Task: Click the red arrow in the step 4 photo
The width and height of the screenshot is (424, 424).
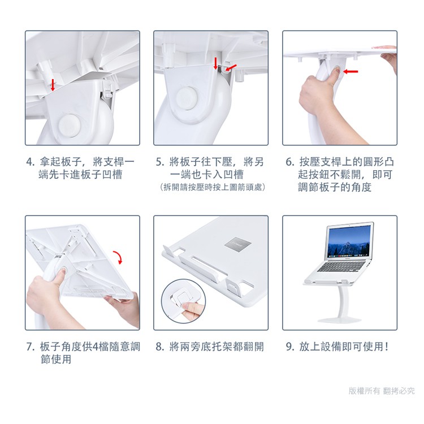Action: [x=53, y=85]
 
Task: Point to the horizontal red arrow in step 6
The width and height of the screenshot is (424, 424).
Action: [x=351, y=71]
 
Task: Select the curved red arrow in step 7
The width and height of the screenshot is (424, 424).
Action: [x=119, y=257]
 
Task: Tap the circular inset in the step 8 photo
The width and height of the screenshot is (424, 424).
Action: [x=183, y=301]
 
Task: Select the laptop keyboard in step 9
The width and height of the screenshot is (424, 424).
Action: [x=341, y=266]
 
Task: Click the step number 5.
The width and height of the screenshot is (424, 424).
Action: [x=160, y=162]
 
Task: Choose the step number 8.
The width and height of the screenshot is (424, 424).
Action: [x=160, y=347]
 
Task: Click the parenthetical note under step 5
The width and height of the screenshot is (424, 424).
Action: [x=212, y=187]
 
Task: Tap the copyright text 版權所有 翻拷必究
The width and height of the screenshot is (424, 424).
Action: [x=381, y=391]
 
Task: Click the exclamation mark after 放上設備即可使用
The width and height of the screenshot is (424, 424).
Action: [x=387, y=347]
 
